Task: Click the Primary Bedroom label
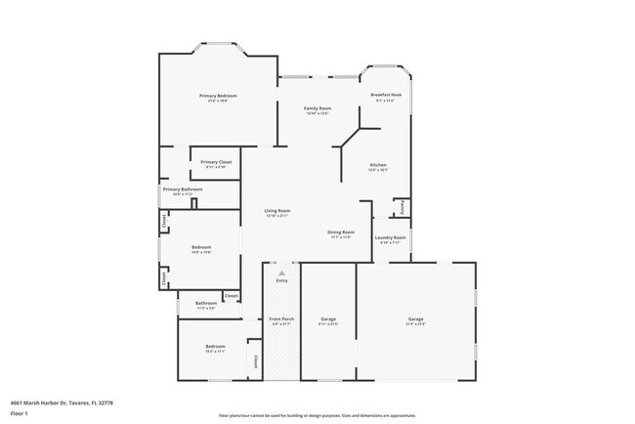tap(218, 96)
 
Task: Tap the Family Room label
tap(317, 108)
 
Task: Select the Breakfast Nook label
tap(387, 95)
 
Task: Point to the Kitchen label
tap(379, 165)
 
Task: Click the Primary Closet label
tap(216, 162)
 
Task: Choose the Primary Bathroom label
tap(183, 190)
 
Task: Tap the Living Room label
tap(277, 211)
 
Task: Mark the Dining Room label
tap(340, 232)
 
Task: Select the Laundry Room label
tap(391, 237)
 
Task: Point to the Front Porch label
tap(281, 319)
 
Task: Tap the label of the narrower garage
tap(328, 319)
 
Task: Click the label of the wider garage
tap(415, 319)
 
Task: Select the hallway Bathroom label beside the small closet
tap(205, 303)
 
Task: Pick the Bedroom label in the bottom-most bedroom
tap(215, 347)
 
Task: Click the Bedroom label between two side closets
tap(200, 248)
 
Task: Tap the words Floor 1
tap(21, 413)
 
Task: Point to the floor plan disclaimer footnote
tap(317, 414)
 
